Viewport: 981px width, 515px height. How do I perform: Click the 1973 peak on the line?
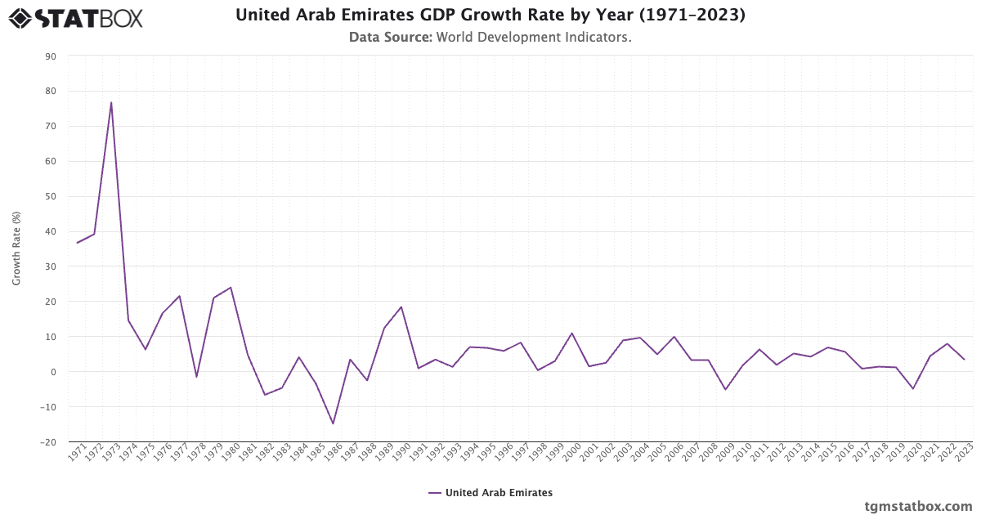[111, 102]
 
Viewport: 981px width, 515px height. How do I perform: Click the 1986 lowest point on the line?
[333, 423]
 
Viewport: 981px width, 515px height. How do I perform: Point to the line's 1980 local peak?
[231, 287]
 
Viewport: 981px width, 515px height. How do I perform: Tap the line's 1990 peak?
[401, 307]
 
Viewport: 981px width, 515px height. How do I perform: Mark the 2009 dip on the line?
[725, 389]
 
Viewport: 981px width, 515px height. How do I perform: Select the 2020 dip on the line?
[913, 388]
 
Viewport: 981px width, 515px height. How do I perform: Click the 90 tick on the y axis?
[51, 56]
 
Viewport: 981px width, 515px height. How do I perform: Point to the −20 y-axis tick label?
[48, 442]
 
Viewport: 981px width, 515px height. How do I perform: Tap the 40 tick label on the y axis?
[51, 231]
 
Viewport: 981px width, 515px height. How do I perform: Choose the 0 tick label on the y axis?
[53, 372]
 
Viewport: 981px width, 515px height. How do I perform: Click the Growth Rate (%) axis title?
[16, 249]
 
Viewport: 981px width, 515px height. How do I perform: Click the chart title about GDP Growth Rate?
[490, 15]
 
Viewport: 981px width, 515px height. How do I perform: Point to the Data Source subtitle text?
[490, 37]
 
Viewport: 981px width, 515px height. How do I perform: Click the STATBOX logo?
[75, 17]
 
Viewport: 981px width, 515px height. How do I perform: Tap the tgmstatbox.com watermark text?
[918, 506]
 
